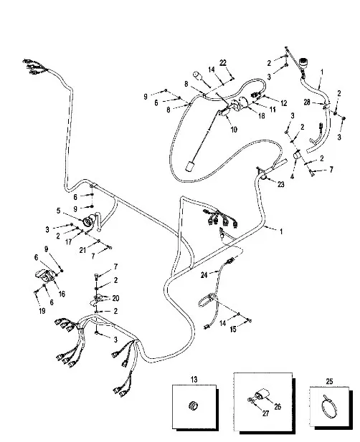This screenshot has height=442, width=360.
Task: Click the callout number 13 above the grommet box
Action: pyautogui.click(x=194, y=380)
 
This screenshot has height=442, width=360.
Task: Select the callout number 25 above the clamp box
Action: pyautogui.click(x=329, y=381)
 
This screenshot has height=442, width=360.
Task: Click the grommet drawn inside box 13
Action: pyautogui.click(x=193, y=405)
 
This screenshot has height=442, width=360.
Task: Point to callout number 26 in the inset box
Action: pyautogui.click(x=278, y=406)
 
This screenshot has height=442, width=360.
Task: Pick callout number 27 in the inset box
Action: pyautogui.click(x=265, y=413)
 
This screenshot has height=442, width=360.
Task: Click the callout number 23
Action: pyautogui.click(x=280, y=184)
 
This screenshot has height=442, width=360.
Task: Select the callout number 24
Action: pyautogui.click(x=204, y=274)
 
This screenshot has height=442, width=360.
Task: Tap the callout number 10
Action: pyautogui.click(x=234, y=130)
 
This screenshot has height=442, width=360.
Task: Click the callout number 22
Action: pyautogui.click(x=223, y=63)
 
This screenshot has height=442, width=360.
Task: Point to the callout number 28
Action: pyautogui.click(x=307, y=102)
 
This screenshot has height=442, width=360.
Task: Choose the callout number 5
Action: pyautogui.click(x=58, y=211)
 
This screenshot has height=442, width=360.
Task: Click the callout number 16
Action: pyautogui.click(x=62, y=294)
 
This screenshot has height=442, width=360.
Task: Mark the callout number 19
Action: pyautogui.click(x=42, y=311)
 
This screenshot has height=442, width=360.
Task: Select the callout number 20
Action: pyautogui.click(x=115, y=298)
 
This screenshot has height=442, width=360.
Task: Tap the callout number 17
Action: pyautogui.click(x=68, y=241)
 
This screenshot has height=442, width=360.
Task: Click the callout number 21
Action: pyautogui.click(x=82, y=250)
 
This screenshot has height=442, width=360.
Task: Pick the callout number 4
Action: pyautogui.click(x=292, y=177)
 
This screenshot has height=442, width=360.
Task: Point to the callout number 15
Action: pyautogui.click(x=233, y=329)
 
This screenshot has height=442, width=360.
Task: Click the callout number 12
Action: pyautogui.click(x=283, y=103)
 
